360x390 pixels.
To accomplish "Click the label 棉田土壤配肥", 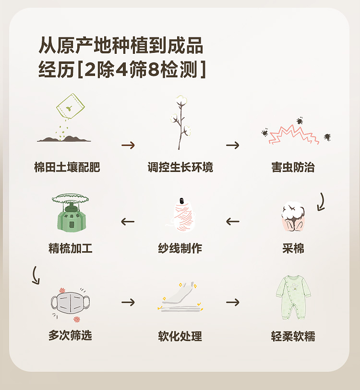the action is (67, 168).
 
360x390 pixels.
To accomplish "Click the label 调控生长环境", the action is (180, 168).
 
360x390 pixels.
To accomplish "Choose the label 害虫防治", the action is (293, 168).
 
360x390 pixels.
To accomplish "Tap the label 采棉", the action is (293, 248).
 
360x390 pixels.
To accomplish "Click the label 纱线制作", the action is (180, 248).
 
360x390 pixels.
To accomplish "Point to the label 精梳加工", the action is (70, 248).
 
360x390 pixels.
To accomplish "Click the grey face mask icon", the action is (70, 304).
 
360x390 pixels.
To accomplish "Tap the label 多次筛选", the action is (70, 335).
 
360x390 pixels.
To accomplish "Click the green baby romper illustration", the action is (293, 297).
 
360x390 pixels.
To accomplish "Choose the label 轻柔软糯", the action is (293, 336).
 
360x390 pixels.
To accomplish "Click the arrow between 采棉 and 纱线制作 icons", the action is (233, 221).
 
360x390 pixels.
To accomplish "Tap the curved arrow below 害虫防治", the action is (321, 202).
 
